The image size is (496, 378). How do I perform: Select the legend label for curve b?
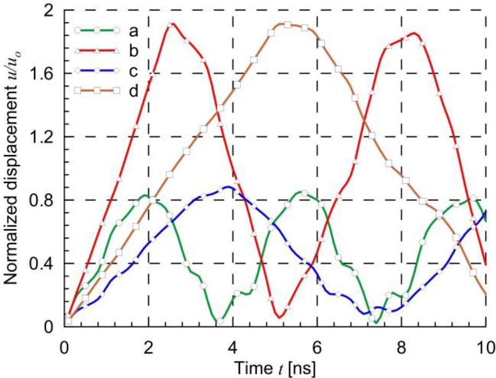click(x=133, y=48)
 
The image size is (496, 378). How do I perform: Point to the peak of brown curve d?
click(x=287, y=24)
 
